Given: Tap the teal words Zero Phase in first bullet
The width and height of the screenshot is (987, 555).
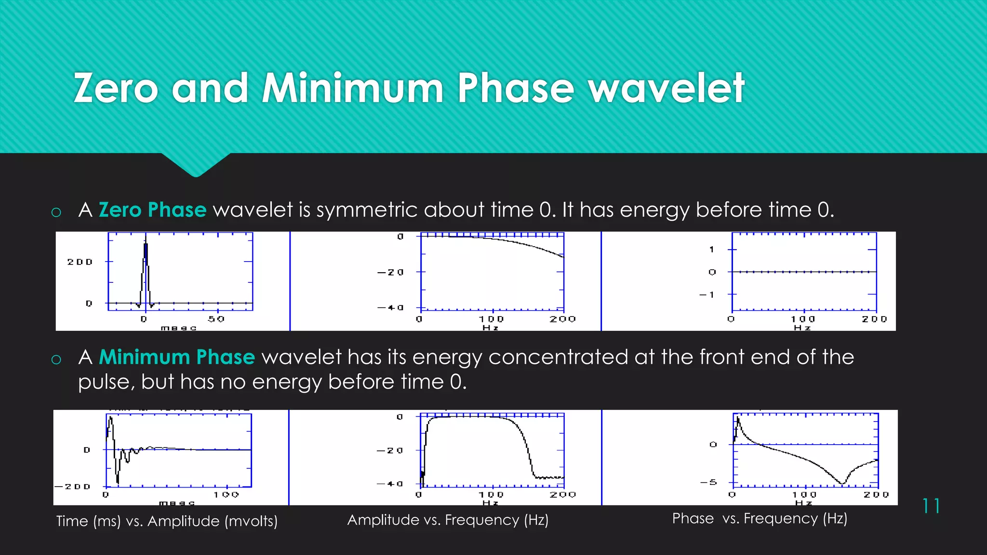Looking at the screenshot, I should coord(152,210).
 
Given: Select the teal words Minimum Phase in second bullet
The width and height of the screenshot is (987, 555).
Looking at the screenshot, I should coord(176,357).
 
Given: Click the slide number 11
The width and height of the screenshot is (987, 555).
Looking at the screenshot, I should coord(931,506).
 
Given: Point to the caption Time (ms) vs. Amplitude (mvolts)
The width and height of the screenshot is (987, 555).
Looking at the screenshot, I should coord(167,521).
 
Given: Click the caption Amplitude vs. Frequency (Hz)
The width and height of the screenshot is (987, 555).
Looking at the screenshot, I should coord(448,520).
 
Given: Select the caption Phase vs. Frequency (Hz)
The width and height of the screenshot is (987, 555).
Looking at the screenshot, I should coord(760,518).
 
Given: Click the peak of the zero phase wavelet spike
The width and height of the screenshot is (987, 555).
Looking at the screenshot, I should coord(146,244).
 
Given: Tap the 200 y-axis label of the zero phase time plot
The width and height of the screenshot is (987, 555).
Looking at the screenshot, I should coord(80,262).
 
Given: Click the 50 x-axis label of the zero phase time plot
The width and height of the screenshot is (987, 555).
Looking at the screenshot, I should coord(216,319).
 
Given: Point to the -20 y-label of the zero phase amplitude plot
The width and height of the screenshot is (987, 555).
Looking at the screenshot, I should coord(390,272).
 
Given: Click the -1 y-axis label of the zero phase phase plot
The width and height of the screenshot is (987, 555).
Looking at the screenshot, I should coord(707,294).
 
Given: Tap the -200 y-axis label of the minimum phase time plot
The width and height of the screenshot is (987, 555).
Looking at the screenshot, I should coord(73,487).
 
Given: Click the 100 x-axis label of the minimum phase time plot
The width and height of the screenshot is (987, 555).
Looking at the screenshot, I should coord(227,495).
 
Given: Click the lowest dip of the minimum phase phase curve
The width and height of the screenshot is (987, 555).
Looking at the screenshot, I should coord(842,483).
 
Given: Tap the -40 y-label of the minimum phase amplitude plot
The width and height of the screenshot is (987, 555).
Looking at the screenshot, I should coord(390,484).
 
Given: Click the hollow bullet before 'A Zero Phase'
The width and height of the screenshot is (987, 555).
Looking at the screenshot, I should coord(56,212).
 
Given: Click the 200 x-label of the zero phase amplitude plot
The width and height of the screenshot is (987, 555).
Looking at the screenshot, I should coord(562,319).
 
